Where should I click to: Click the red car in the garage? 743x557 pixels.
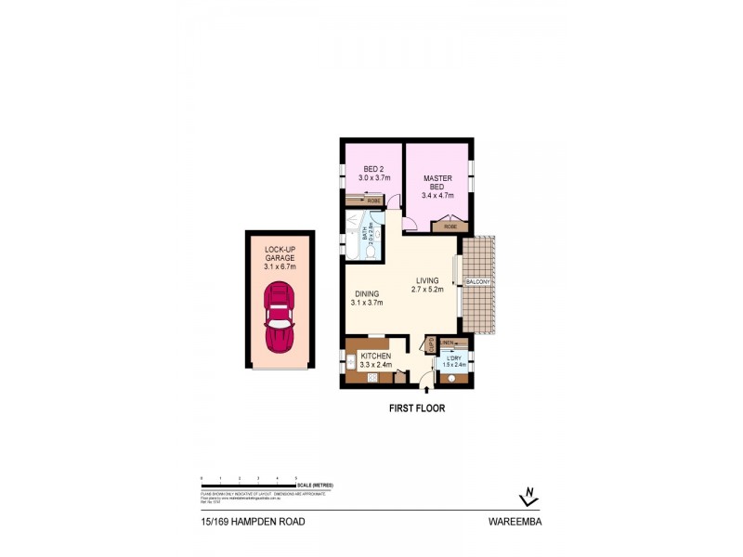[x=280, y=317]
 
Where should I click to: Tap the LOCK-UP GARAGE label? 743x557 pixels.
[x=280, y=258]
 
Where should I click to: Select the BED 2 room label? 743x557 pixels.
[x=373, y=173]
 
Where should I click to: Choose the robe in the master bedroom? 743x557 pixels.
[x=450, y=226]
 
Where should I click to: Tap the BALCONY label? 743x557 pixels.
[x=477, y=281]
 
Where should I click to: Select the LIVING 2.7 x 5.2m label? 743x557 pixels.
[x=427, y=285]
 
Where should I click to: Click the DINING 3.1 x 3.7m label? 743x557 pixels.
[x=367, y=298]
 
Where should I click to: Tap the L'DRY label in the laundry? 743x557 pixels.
[x=454, y=361]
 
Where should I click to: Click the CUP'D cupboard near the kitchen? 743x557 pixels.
[x=431, y=345]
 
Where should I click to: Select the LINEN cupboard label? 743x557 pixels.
[x=448, y=342]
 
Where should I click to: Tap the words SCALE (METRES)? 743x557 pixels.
[x=316, y=486]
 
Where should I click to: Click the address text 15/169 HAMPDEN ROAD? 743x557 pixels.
[x=253, y=522]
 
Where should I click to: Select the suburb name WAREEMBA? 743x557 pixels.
[x=515, y=522]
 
